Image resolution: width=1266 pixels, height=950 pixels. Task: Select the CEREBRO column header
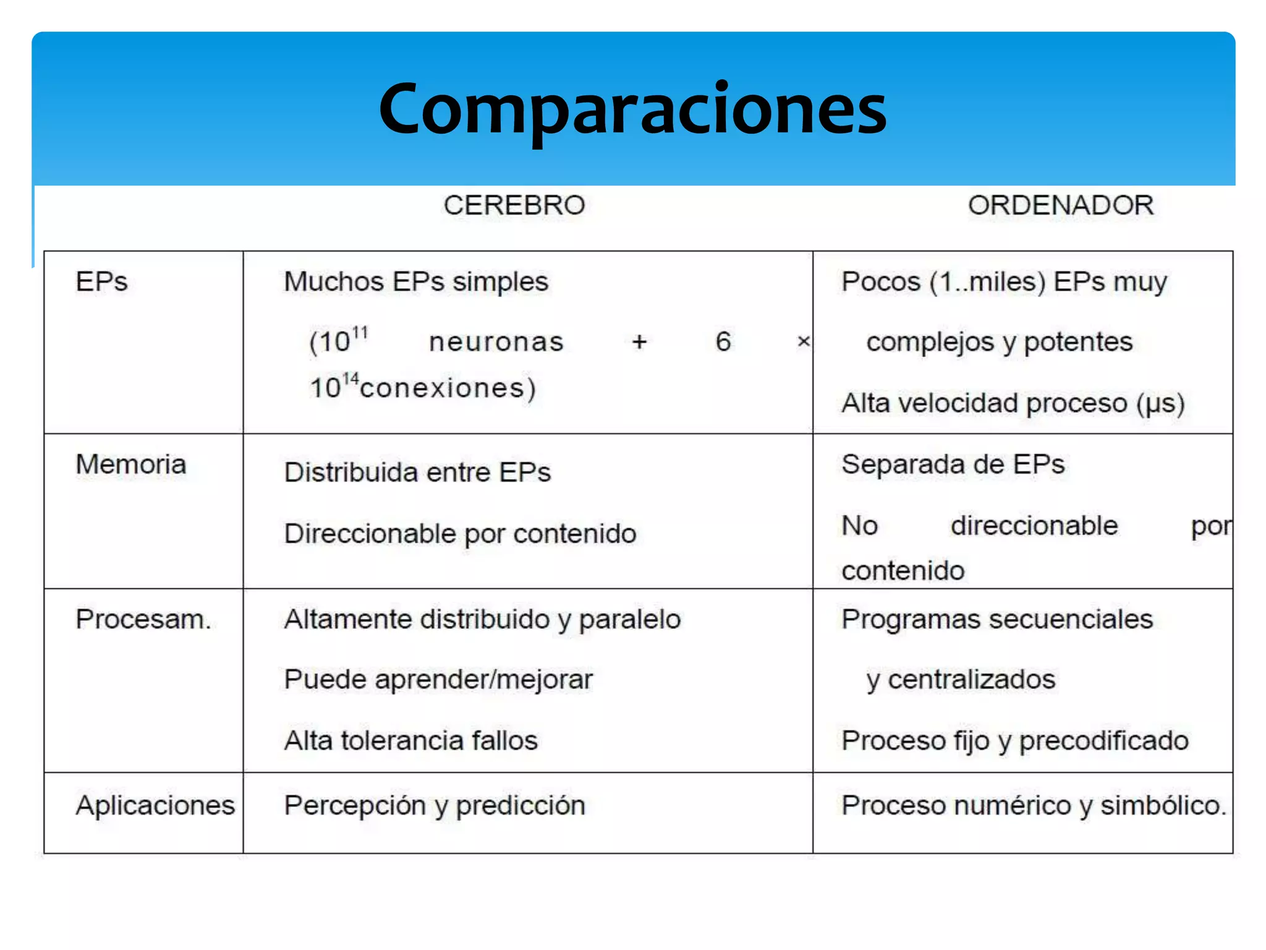pyautogui.click(x=514, y=205)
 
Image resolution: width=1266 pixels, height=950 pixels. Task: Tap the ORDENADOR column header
pyautogui.click(x=1060, y=205)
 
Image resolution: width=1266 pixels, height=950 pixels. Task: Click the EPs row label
pyautogui.click(x=101, y=282)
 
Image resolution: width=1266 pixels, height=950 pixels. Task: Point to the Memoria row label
pyautogui.click(x=130, y=464)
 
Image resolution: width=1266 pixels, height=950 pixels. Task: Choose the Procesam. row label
pyautogui.click(x=143, y=620)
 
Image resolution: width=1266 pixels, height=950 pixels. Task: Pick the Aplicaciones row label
pyautogui.click(x=155, y=805)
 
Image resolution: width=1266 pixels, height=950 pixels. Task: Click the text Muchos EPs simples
pyautogui.click(x=416, y=282)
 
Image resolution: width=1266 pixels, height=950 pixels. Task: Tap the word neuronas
pyautogui.click(x=496, y=342)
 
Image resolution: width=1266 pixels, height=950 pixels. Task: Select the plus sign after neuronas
pyautogui.click(x=639, y=342)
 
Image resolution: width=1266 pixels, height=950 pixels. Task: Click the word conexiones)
pyautogui.click(x=448, y=388)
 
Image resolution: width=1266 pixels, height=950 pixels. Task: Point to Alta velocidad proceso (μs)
pyautogui.click(x=1013, y=403)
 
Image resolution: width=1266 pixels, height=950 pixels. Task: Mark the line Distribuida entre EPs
pyautogui.click(x=417, y=473)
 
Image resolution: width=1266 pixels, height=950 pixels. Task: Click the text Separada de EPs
pyautogui.click(x=953, y=464)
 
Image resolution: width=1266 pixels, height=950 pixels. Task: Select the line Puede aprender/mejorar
pyautogui.click(x=438, y=680)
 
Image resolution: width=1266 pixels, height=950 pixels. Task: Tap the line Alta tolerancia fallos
pyautogui.click(x=411, y=740)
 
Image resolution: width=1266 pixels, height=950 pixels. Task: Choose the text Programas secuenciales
pyautogui.click(x=997, y=620)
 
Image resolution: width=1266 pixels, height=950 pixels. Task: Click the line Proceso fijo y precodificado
pyautogui.click(x=1015, y=740)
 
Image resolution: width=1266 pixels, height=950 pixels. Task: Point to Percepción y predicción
pyautogui.click(x=435, y=805)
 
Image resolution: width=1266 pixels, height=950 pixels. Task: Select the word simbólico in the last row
pyautogui.click(x=1163, y=805)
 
